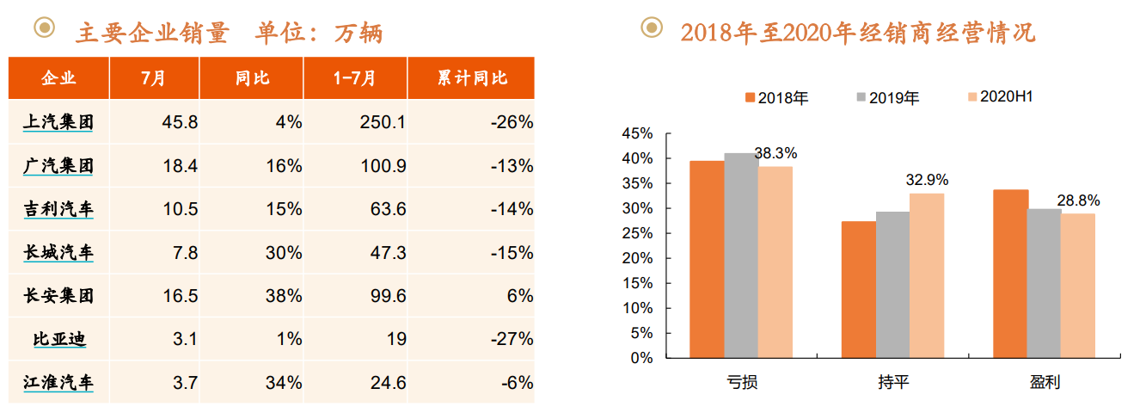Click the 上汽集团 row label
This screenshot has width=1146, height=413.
point(58,122)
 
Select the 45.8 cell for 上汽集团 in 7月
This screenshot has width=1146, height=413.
point(180,122)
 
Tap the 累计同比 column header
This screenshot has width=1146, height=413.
point(472,78)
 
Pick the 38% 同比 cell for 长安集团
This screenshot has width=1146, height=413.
point(285,296)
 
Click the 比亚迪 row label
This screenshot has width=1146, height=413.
point(58,339)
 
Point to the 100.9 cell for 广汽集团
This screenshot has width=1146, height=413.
point(383,166)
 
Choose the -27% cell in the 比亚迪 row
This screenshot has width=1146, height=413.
point(512,339)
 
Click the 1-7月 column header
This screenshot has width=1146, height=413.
point(355,78)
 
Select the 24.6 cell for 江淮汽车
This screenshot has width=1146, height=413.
point(383,383)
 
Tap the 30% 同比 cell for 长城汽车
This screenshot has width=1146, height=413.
point(285,253)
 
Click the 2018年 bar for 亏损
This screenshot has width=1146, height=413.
point(707,259)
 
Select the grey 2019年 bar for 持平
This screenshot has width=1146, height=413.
point(892,285)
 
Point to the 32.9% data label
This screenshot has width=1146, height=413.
point(927,181)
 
